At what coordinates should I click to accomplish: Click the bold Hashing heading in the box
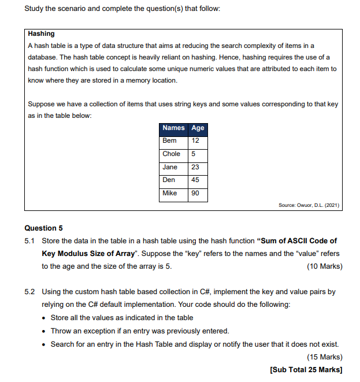coord(41,34)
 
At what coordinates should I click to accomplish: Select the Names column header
coord(173,128)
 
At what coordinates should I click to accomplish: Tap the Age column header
coord(198,128)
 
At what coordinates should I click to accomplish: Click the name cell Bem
coord(170,141)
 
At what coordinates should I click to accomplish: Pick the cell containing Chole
coord(172,154)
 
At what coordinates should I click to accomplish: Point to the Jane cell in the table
coord(170,167)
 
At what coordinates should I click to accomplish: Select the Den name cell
coord(169,180)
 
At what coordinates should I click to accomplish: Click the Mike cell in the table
coord(170,193)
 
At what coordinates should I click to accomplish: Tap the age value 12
coord(195,141)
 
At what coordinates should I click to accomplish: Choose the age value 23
coord(195,167)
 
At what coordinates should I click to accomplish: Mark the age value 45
coord(195,180)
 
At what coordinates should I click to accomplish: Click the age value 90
coord(195,193)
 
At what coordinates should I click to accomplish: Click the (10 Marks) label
coord(325,266)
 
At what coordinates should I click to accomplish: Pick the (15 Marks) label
coord(325,357)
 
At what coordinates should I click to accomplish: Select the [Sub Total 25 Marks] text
coord(306,369)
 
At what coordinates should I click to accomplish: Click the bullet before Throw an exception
coord(45,331)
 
